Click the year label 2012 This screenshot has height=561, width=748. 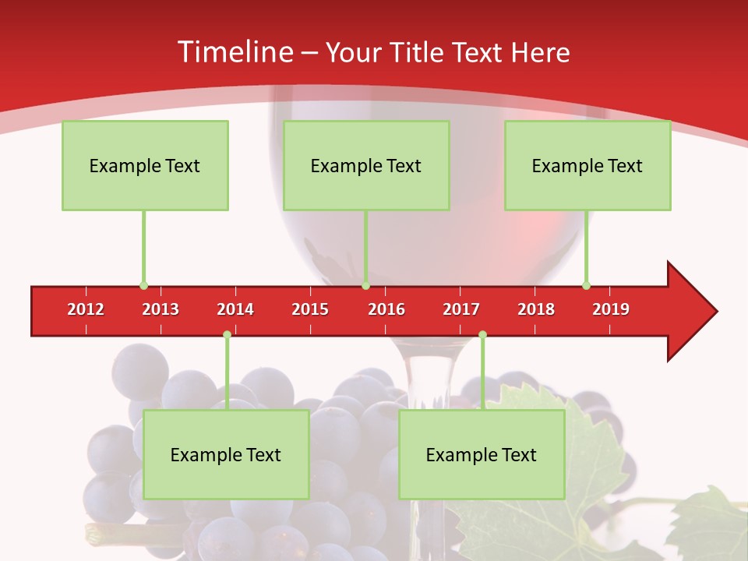86,309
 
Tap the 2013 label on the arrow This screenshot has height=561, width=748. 161,309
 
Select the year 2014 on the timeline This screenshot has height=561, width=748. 235,309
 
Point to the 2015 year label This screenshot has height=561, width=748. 310,309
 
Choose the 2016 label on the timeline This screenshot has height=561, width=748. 386,309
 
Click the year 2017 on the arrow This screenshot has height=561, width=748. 461,309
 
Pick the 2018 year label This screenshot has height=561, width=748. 536,309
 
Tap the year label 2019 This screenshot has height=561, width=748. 611,309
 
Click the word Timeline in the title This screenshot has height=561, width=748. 234,52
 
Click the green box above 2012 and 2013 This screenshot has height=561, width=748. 145,165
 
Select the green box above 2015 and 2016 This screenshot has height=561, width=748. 366,165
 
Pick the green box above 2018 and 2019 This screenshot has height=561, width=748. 587,165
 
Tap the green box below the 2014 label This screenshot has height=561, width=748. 226,454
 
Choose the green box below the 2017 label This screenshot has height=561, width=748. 482,454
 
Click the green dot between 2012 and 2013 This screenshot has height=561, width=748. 143,285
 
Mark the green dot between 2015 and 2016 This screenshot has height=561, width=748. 365,285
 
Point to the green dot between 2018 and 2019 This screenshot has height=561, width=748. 586,285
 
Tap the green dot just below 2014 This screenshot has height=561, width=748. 227,335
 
